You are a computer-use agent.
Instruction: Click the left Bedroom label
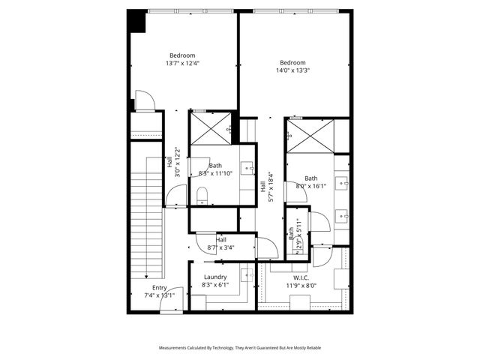(x=182, y=55)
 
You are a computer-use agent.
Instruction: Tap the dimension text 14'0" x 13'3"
(x=292, y=71)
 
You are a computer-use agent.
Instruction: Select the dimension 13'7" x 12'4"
(x=182, y=64)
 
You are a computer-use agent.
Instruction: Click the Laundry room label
(x=215, y=277)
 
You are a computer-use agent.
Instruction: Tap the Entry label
(x=160, y=288)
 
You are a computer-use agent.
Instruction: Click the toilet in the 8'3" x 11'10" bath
(x=201, y=196)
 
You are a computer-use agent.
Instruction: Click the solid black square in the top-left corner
(x=136, y=20)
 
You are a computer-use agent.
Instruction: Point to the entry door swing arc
(x=174, y=293)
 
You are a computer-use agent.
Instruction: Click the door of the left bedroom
(x=143, y=102)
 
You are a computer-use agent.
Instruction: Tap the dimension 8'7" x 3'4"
(x=220, y=247)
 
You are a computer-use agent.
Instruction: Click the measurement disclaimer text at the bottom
(x=238, y=348)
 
